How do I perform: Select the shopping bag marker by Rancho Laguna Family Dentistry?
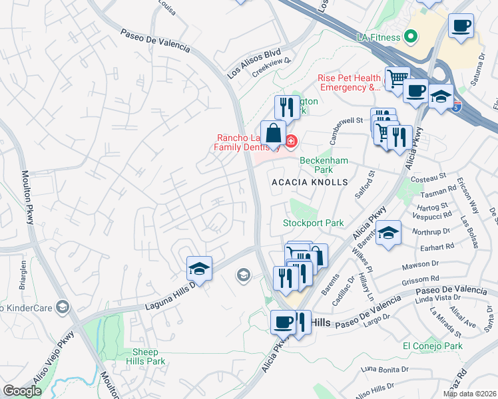(x=273, y=134)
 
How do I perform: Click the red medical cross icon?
(x=291, y=140)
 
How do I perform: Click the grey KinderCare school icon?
(x=63, y=307)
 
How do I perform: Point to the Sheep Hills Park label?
(x=145, y=356)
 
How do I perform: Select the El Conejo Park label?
(x=432, y=346)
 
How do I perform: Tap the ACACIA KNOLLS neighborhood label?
(x=310, y=182)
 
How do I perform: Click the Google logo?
(x=22, y=391)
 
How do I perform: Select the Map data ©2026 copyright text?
(x=469, y=394)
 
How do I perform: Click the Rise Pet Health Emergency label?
(x=350, y=82)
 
